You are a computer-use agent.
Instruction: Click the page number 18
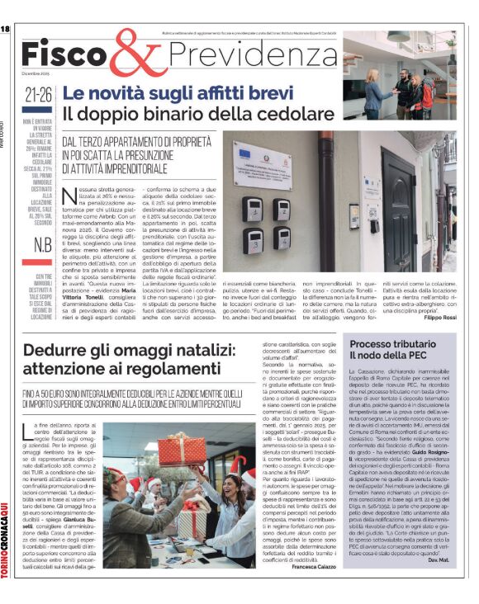5,29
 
